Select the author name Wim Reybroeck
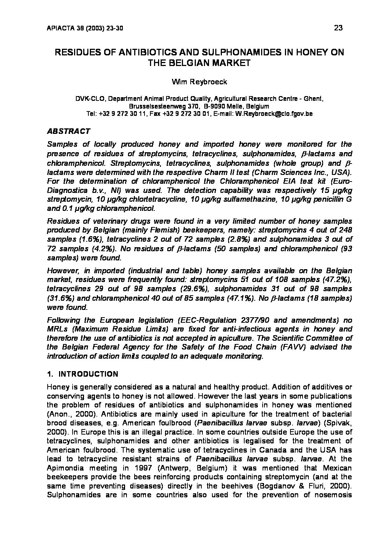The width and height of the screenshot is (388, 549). pyautogui.click(x=200, y=82)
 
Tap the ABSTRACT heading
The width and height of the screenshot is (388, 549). pyautogui.click(x=69, y=131)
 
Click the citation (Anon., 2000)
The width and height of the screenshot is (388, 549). pyautogui.click(x=67, y=414)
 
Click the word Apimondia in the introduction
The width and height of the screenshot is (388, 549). pyautogui.click(x=65, y=468)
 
